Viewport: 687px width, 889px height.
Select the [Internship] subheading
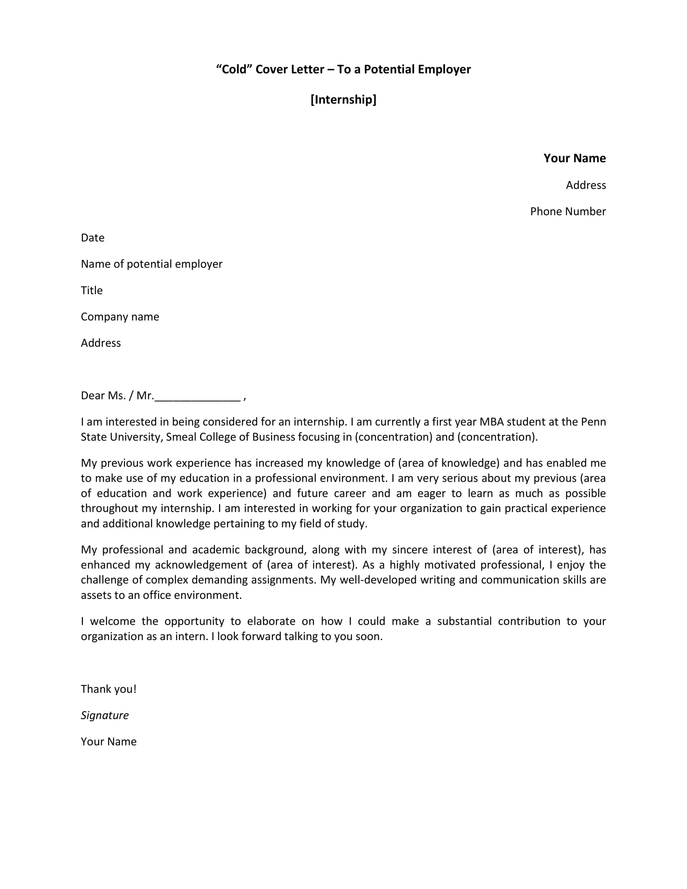[x=343, y=99]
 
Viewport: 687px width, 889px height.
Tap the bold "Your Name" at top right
[x=574, y=158]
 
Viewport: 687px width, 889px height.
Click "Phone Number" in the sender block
[x=567, y=211]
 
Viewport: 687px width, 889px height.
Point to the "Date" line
[x=93, y=238]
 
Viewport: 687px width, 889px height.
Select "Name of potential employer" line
[x=152, y=264]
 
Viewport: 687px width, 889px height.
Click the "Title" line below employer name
[x=92, y=290]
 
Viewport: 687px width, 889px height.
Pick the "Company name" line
[x=120, y=317]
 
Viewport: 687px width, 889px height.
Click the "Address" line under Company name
[x=101, y=343]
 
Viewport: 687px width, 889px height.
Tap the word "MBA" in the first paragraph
[x=491, y=422]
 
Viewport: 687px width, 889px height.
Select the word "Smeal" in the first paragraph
[x=181, y=437]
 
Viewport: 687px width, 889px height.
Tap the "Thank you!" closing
[x=108, y=689]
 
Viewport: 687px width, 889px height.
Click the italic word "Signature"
[x=105, y=715]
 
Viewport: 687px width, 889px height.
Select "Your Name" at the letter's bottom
[x=108, y=742]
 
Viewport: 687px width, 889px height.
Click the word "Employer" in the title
[x=444, y=69]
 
